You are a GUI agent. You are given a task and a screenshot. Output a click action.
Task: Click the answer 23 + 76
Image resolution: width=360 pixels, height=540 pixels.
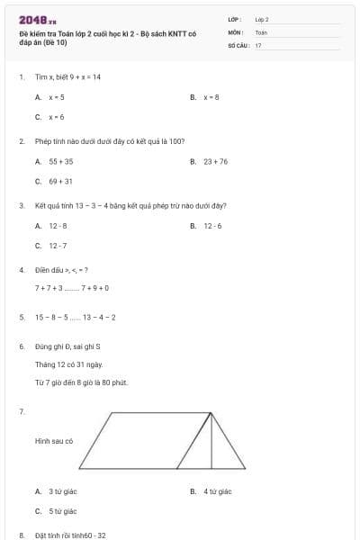[x=215, y=161]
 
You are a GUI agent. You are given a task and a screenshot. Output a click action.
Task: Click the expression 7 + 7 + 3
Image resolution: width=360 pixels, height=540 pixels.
[x=49, y=288]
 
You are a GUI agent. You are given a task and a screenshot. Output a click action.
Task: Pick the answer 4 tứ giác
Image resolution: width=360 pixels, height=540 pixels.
[x=217, y=491]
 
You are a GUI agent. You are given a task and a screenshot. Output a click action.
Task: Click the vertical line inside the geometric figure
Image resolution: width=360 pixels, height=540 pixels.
[x=212, y=441]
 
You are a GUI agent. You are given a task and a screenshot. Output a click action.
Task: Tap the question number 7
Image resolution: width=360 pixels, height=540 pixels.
[x=20, y=411]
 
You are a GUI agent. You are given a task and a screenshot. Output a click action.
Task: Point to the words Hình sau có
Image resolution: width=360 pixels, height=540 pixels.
[x=53, y=441]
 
